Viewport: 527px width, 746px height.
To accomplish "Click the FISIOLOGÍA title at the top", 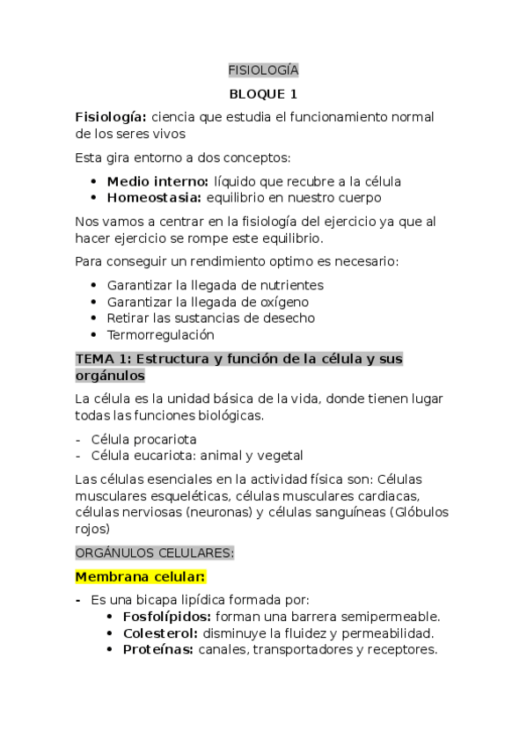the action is tap(263, 69).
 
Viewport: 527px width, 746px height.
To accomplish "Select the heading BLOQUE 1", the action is tap(263, 93).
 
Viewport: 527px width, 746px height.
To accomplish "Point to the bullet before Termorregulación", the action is tap(94, 335).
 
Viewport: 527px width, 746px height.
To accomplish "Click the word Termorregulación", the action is tap(160, 335).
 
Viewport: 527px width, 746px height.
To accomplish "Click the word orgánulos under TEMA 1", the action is tap(110, 376).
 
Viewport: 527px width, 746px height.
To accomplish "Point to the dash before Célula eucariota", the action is tap(78, 456).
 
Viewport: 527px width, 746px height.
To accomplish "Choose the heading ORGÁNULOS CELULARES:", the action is tap(155, 552).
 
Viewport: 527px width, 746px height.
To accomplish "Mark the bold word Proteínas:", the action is tap(157, 649).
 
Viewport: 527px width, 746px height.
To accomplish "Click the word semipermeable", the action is tap(391, 617).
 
